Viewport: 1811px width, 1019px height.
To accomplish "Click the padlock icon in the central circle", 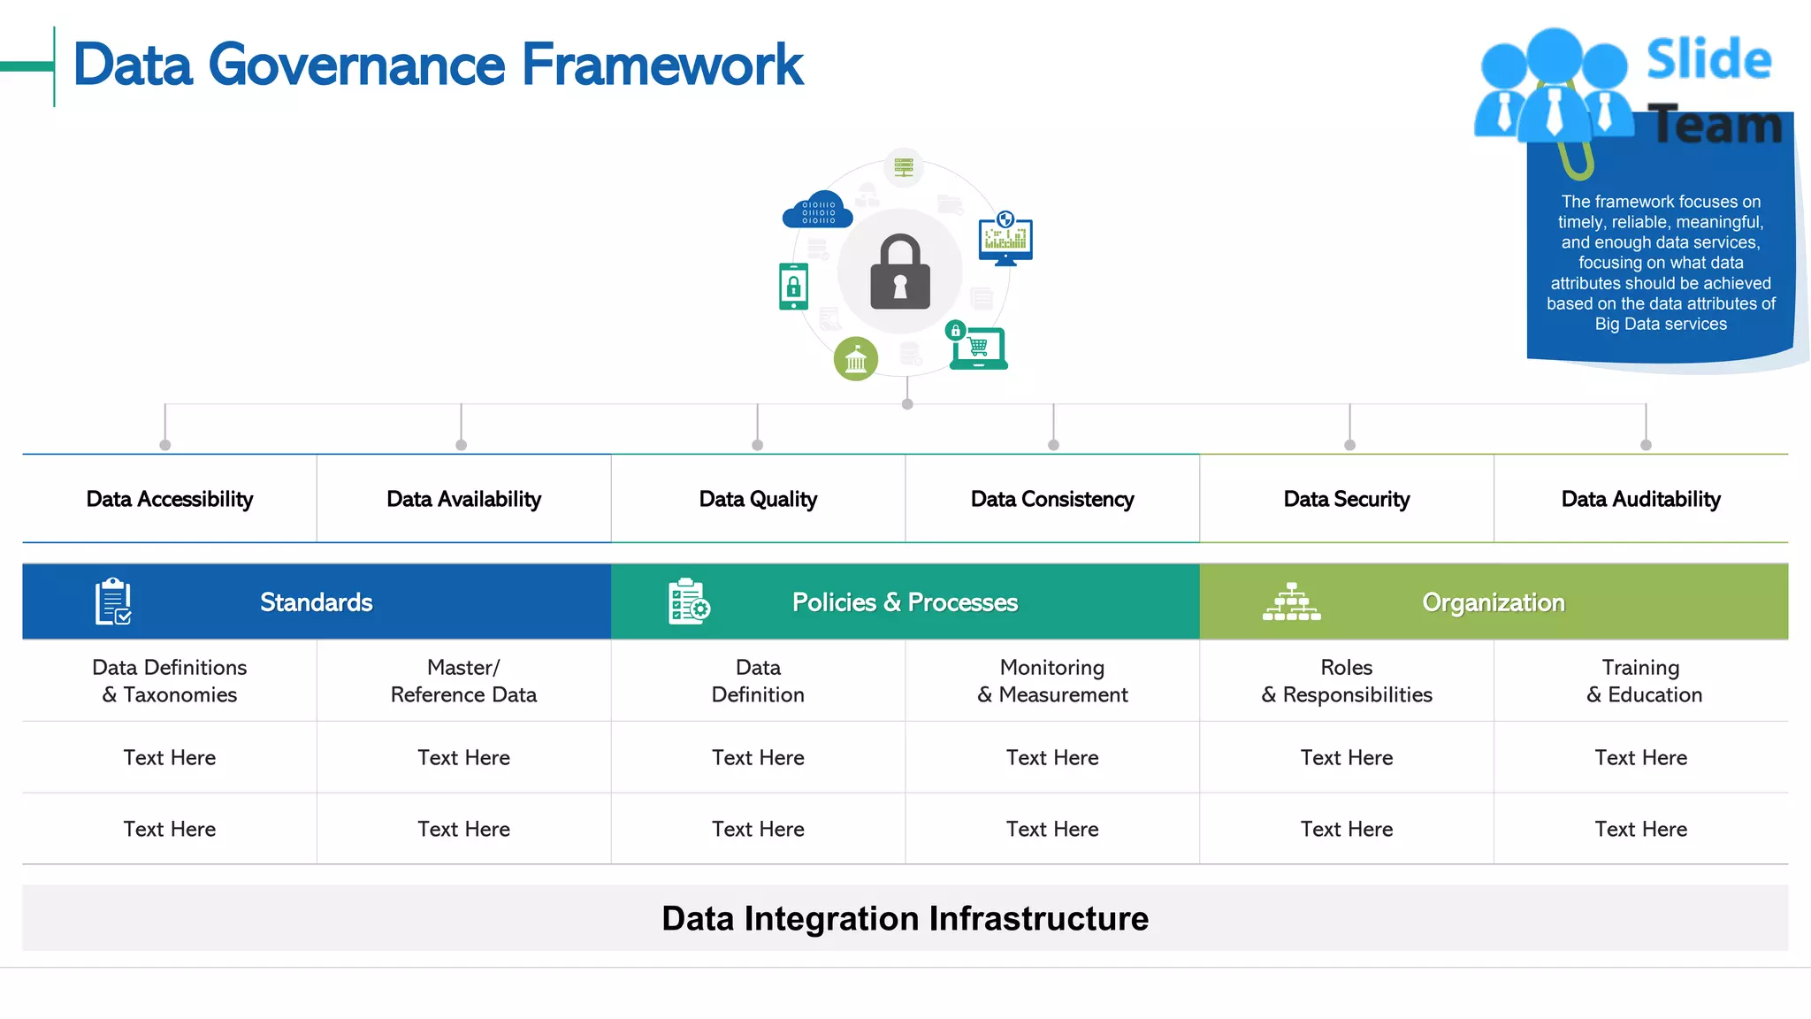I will [900, 272].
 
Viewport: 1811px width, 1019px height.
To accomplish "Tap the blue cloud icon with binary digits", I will [818, 211].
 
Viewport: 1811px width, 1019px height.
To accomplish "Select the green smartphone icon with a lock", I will [793, 287].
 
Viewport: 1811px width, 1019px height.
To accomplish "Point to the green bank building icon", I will [856, 359].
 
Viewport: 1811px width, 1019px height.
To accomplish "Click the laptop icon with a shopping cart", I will [978, 349].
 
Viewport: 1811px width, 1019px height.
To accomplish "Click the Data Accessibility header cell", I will [170, 499].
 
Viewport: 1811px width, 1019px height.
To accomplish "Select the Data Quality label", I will [758, 499].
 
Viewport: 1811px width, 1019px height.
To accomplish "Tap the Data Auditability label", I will [1640, 499].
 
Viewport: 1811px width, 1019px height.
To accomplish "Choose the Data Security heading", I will [1346, 499].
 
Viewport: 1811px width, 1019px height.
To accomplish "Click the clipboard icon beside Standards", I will [113, 601].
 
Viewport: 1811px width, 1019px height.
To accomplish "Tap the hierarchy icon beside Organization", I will [1291, 602].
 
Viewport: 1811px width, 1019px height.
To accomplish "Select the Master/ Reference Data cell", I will [463, 680].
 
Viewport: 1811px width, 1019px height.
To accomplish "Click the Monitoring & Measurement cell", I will [1052, 680].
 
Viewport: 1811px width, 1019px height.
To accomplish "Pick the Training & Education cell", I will [1641, 680].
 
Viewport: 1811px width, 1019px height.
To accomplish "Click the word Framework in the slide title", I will [662, 65].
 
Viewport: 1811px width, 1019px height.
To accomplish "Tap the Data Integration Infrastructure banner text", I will [905, 918].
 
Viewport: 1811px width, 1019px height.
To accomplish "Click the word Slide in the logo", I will [1708, 60].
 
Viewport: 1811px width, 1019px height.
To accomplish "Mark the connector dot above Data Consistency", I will [1053, 445].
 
